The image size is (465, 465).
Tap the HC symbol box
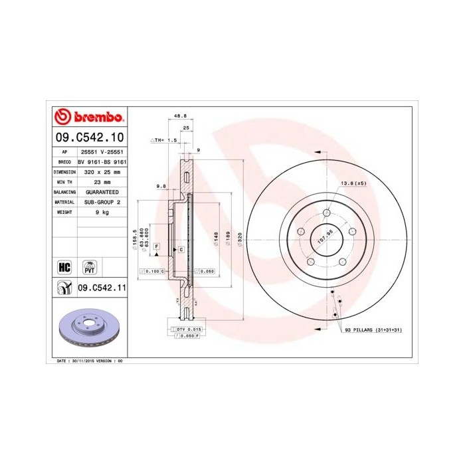(x=64, y=267)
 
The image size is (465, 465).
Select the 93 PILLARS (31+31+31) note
(x=374, y=329)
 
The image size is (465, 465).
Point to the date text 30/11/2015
(x=82, y=360)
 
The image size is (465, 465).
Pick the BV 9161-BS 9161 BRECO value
(x=102, y=161)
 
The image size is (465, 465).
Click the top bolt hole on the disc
(x=327, y=213)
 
